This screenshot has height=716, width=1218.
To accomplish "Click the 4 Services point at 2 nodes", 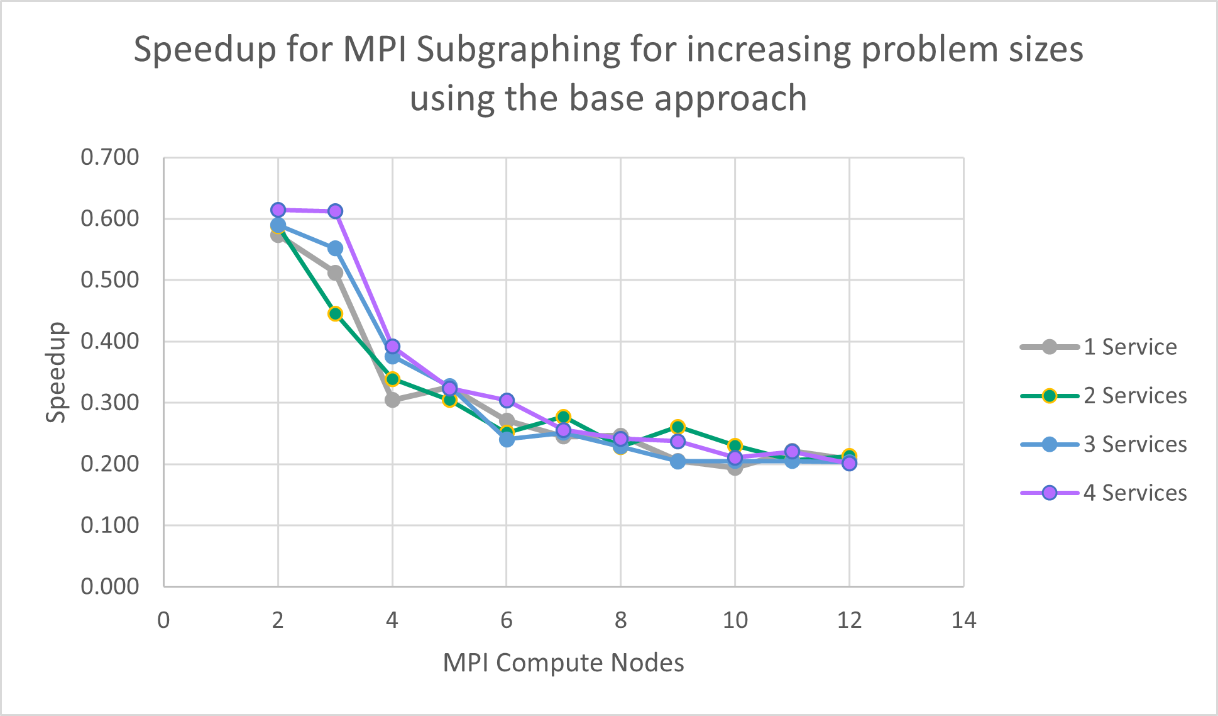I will pyautogui.click(x=278, y=210).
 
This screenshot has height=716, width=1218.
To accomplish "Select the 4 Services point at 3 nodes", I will pyautogui.click(x=335, y=211).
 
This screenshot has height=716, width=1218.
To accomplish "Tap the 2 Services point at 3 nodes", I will pyautogui.click(x=335, y=313).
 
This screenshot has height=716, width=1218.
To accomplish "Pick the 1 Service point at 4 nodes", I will pyautogui.click(x=392, y=400).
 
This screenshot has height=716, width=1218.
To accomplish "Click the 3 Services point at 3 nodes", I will pyautogui.click(x=335, y=249).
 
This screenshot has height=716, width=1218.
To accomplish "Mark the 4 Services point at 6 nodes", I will pyautogui.click(x=507, y=401).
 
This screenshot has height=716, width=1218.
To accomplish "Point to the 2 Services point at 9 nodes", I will pyautogui.click(x=678, y=427).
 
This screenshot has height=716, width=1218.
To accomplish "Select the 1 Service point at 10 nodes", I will pyautogui.click(x=735, y=467).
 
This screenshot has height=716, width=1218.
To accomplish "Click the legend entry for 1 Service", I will pyautogui.click(x=1129, y=347).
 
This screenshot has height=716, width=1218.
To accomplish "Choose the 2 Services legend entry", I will pyautogui.click(x=1134, y=396).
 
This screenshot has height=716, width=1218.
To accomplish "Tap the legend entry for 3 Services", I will pyautogui.click(x=1134, y=444).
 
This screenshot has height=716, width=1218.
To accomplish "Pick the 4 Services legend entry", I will pyautogui.click(x=1134, y=493).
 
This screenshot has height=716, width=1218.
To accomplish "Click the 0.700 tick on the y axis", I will pyautogui.click(x=110, y=157).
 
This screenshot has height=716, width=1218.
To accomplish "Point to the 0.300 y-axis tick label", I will pyautogui.click(x=110, y=403).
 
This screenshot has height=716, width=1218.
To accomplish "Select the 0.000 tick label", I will pyautogui.click(x=110, y=586).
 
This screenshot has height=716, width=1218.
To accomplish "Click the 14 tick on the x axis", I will pyautogui.click(x=963, y=621).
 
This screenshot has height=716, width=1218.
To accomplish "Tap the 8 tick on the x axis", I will pyautogui.click(x=620, y=621).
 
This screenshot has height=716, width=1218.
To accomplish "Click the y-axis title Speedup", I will pyautogui.click(x=56, y=372).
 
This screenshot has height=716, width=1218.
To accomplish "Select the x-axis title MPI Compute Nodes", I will pyautogui.click(x=563, y=663).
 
